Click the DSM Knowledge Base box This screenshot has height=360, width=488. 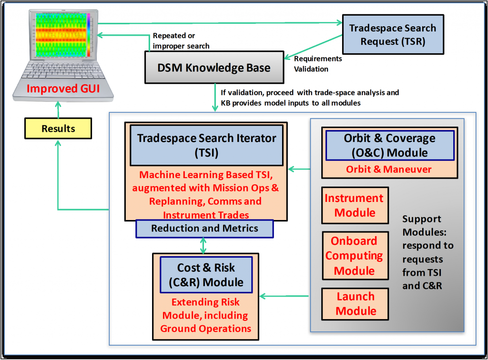(214, 68)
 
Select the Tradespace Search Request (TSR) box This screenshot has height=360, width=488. (393, 34)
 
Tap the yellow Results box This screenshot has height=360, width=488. (58, 128)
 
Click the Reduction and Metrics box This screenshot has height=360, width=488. (204, 229)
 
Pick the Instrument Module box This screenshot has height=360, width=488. (355, 205)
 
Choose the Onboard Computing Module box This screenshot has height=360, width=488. (355, 256)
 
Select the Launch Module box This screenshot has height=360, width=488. (355, 304)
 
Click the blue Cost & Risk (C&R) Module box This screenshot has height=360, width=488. (206, 275)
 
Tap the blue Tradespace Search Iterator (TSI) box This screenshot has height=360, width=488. (207, 145)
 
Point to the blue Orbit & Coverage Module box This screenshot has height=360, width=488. (390, 145)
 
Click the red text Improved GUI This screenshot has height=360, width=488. (63, 89)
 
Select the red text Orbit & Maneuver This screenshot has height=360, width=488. (389, 169)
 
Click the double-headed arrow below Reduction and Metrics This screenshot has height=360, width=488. (203, 246)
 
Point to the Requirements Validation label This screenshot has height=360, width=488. (318, 64)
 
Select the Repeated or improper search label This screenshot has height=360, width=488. (181, 41)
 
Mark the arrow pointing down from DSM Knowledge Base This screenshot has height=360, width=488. (215, 97)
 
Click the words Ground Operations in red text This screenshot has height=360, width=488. (206, 329)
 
